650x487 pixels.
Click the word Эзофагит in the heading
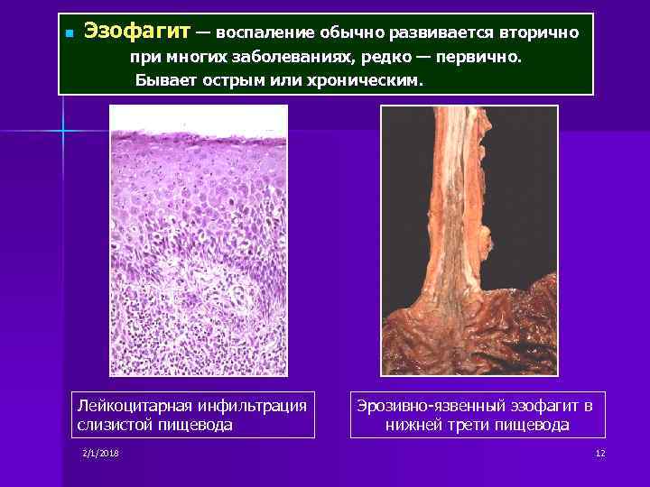137,32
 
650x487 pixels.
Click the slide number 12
599,452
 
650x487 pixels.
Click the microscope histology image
199,240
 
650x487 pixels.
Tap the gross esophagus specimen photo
469,240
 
